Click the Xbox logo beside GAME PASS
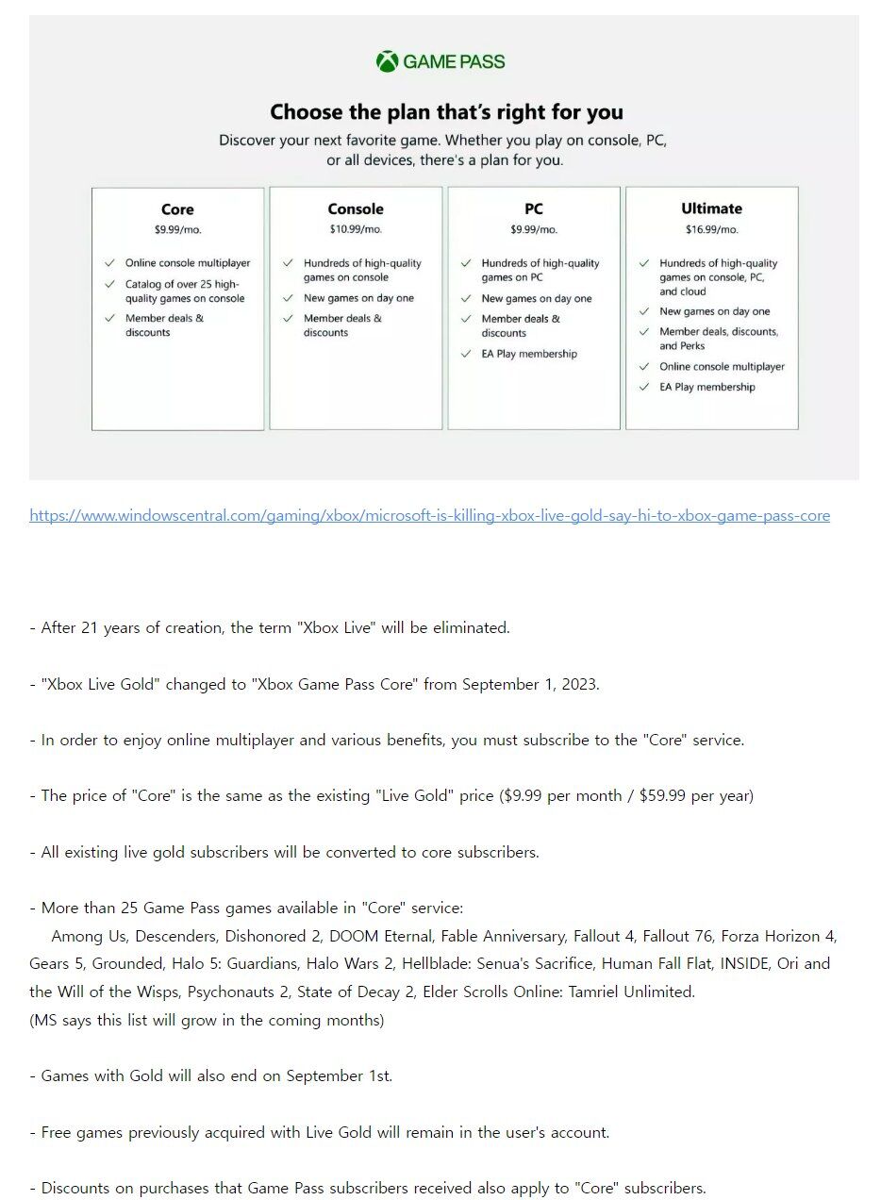[387, 62]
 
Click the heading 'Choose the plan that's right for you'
[446, 112]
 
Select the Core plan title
[177, 209]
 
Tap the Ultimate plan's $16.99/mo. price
[711, 229]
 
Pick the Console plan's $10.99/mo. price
[356, 229]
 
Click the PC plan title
[534, 209]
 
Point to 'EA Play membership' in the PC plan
[529, 354]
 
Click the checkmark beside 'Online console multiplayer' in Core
[109, 263]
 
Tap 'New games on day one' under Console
[358, 298]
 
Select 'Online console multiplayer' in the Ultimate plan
[722, 367]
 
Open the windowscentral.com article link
[429, 516]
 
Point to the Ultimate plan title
[711, 208]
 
